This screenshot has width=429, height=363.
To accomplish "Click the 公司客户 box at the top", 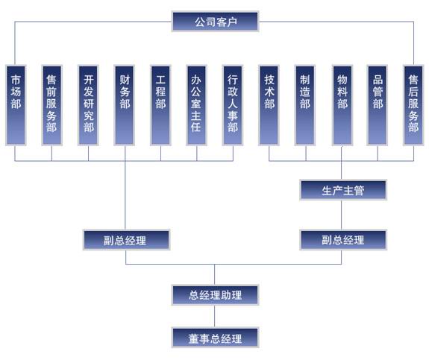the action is [x=215, y=22].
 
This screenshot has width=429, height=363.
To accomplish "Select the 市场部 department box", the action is [x=16, y=105].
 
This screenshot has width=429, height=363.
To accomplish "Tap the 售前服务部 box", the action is [x=51, y=105].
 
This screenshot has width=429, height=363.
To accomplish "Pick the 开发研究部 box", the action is [x=88, y=105].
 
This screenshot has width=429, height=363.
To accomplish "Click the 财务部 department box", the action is [x=125, y=105].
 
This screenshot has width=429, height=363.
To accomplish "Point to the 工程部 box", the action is [x=160, y=105].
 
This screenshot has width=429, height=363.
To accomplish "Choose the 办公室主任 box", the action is [x=196, y=105].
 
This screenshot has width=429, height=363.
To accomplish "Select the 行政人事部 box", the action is [x=233, y=105].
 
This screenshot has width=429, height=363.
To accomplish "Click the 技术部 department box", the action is [x=269, y=105].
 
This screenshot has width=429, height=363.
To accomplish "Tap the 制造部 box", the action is [x=305, y=105].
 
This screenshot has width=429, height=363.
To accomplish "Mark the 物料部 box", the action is [x=342, y=105].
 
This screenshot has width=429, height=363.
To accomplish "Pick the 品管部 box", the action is [x=378, y=105].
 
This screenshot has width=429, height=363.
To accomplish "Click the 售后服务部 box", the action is [x=413, y=105].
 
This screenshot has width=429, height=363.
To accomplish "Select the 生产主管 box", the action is [x=343, y=190].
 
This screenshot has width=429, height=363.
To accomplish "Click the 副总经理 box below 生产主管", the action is [x=343, y=240].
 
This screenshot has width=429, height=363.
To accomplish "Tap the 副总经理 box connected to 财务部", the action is [x=126, y=240].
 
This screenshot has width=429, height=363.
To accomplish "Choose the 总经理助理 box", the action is [x=215, y=295].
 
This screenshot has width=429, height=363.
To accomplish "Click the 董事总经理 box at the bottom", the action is [x=215, y=338].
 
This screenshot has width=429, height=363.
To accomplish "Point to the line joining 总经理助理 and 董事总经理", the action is [x=215, y=316].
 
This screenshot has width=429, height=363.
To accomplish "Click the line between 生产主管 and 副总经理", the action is [x=342, y=215].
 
